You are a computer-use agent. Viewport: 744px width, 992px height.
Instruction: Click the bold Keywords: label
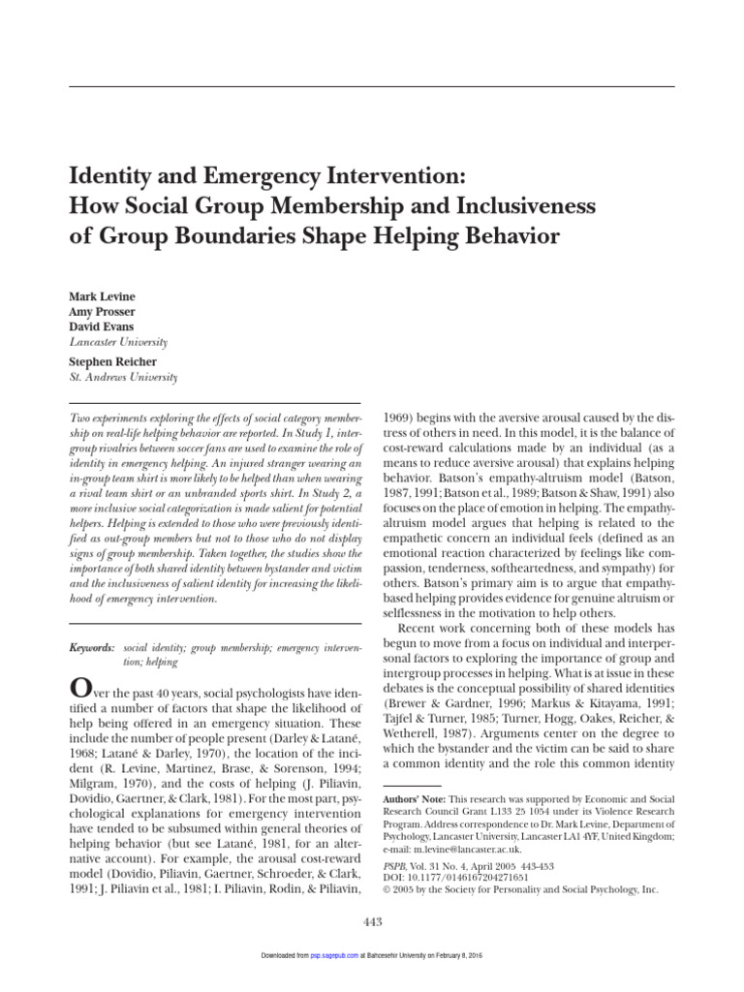tap(92, 645)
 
